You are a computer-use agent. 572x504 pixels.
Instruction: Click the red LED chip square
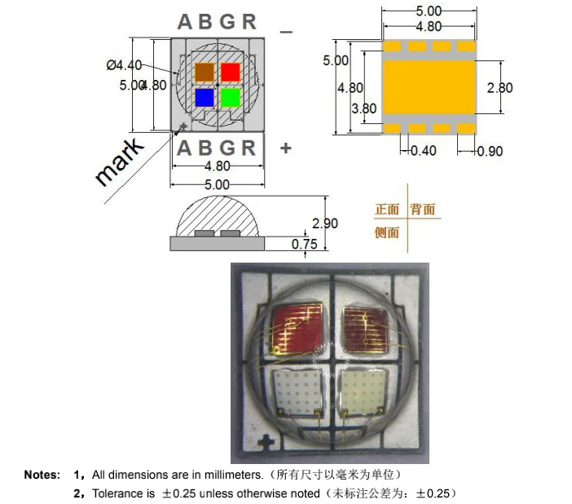[x=231, y=72]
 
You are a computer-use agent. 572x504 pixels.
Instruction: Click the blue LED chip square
[x=205, y=98]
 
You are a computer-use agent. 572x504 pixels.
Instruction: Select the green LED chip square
[x=231, y=98]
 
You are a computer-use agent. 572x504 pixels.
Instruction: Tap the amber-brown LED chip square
[x=205, y=72]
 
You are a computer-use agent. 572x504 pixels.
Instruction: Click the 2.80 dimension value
[x=499, y=87]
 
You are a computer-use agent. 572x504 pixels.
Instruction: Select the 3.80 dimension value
[x=363, y=108]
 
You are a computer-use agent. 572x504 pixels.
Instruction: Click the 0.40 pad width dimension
[x=423, y=150]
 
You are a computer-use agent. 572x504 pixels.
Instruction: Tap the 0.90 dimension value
[x=490, y=150]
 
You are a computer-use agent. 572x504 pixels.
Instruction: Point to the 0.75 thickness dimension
[x=304, y=243]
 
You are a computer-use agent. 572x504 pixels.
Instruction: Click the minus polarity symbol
[x=286, y=31]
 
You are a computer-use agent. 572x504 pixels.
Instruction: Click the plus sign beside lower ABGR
[x=285, y=148]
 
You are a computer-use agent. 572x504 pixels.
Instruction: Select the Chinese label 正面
[x=386, y=210]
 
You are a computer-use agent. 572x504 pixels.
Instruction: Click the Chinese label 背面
[x=423, y=210]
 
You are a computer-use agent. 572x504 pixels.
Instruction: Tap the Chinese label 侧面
[x=386, y=232]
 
